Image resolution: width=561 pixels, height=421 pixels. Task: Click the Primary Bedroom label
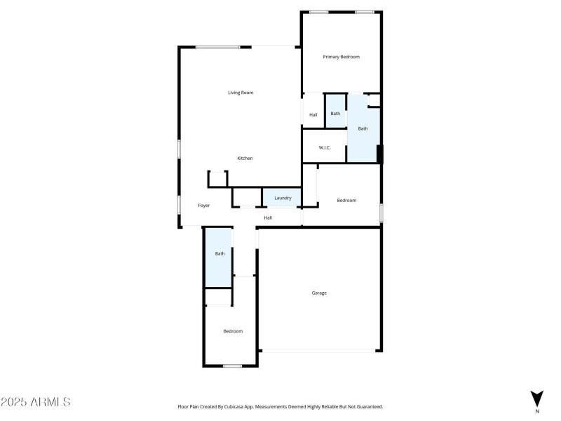click(341, 57)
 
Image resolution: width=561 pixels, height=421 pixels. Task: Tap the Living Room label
click(241, 93)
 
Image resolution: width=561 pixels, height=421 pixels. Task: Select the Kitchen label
click(245, 159)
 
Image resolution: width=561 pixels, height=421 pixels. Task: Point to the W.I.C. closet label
click(325, 147)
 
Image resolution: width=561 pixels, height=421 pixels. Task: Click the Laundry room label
click(283, 198)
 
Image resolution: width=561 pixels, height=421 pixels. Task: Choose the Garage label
click(319, 293)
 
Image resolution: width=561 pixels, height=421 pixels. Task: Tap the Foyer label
click(204, 206)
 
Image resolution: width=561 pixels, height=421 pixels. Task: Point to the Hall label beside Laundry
click(268, 218)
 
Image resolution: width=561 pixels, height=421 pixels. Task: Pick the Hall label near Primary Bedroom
click(313, 114)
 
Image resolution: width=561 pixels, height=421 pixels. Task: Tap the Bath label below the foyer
click(219, 253)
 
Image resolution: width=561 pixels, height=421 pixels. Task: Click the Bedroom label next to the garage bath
click(233, 331)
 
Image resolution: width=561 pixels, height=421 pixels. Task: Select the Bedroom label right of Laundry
click(346, 201)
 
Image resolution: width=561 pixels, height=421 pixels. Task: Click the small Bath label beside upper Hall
click(335, 114)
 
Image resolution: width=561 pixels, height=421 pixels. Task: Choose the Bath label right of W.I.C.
click(363, 128)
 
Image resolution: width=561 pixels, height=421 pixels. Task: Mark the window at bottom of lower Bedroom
click(232, 366)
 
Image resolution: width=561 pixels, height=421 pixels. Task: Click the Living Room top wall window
click(218, 47)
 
